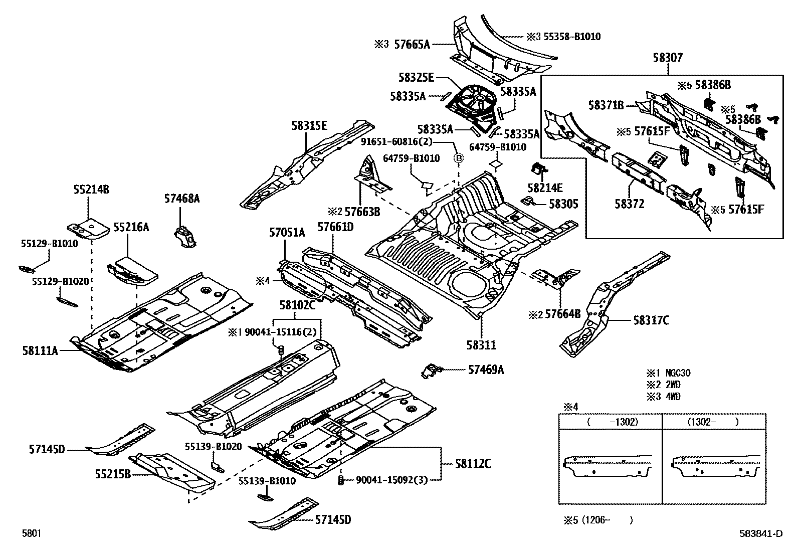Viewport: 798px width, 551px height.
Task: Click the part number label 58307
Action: pyautogui.click(x=668, y=58)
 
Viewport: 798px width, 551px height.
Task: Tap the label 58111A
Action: pyautogui.click(x=40, y=350)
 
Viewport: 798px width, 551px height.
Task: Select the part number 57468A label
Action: pyautogui.click(x=181, y=199)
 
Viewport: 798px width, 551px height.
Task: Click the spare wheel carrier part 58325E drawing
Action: pyautogui.click(x=479, y=103)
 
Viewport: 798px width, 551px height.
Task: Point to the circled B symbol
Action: pyautogui.click(x=458, y=158)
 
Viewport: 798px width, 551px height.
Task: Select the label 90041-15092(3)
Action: pyautogui.click(x=391, y=480)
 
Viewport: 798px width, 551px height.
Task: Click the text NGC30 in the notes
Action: pyautogui.click(x=678, y=373)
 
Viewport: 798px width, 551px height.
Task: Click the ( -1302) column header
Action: pyautogui.click(x=612, y=422)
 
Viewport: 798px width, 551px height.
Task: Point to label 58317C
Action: pyautogui.click(x=651, y=320)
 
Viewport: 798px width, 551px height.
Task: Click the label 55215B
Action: pyautogui.click(x=113, y=473)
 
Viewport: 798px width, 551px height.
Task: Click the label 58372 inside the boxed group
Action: pyautogui.click(x=629, y=204)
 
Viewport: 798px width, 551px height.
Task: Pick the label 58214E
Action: pyautogui.click(x=545, y=188)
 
